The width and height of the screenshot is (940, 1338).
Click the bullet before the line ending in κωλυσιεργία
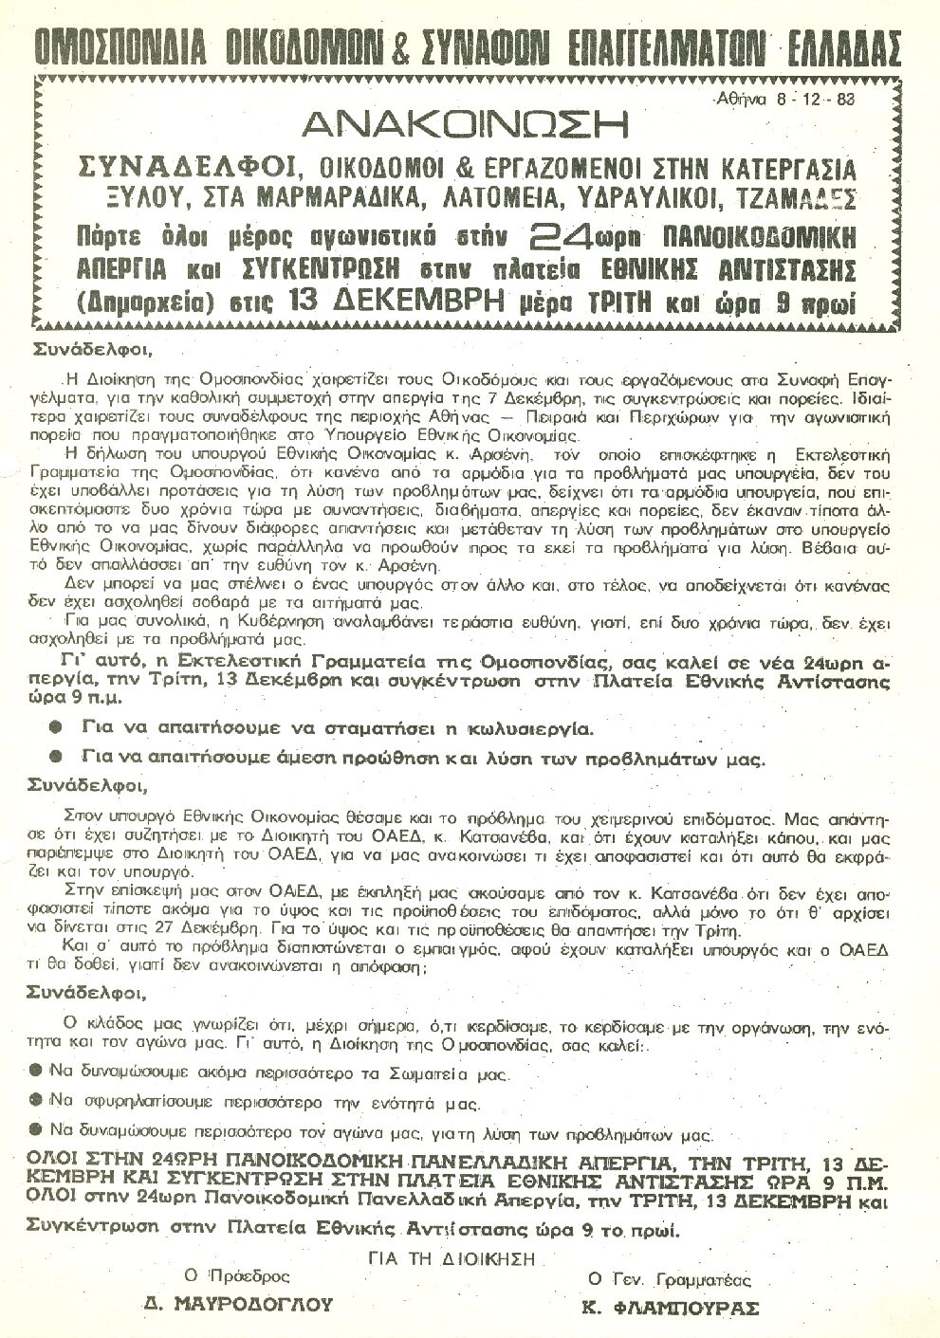(56, 729)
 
